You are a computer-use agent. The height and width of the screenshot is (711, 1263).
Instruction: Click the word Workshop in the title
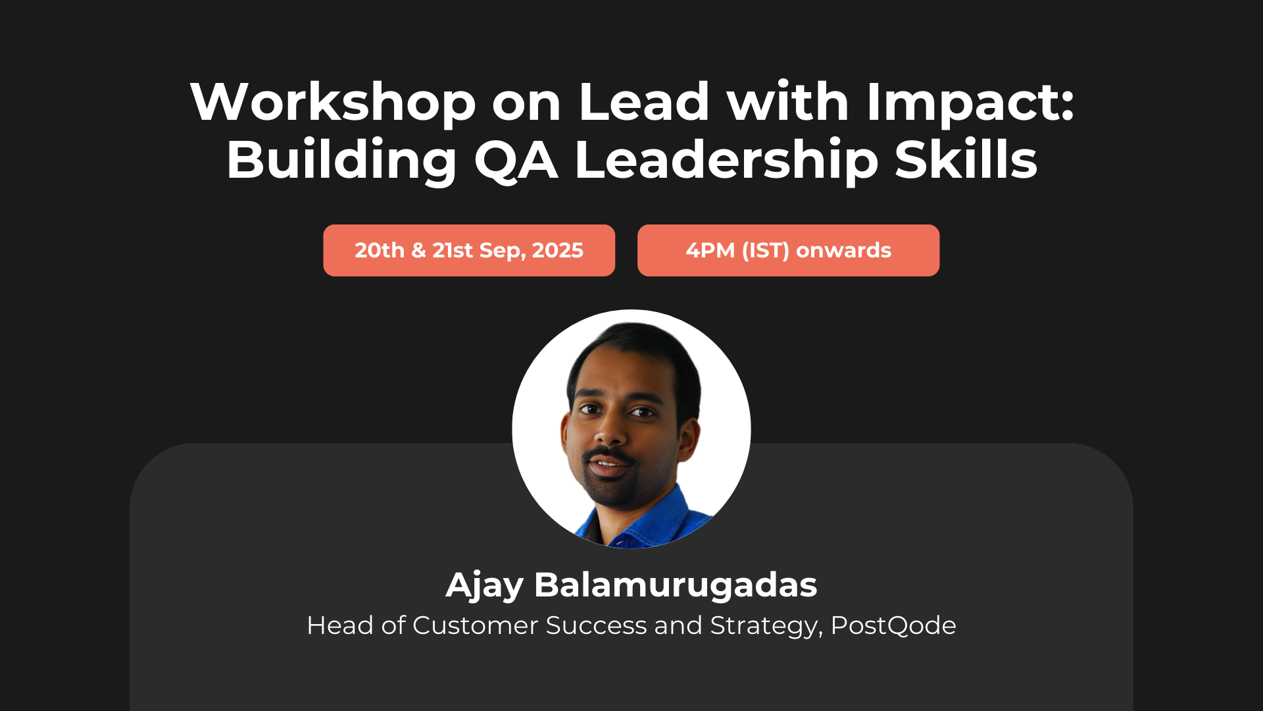click(x=333, y=102)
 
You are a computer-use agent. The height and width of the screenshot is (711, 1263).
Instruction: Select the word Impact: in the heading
click(x=970, y=102)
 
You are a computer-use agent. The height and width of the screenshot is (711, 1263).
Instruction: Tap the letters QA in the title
click(x=516, y=160)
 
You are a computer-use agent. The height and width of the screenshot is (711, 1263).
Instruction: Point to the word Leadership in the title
click(x=726, y=160)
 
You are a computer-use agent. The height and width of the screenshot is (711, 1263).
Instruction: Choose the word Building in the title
click(x=341, y=160)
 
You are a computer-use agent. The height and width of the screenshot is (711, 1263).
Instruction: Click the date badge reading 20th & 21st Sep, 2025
click(x=469, y=250)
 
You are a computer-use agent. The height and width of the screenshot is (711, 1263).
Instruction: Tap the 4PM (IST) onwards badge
click(x=788, y=250)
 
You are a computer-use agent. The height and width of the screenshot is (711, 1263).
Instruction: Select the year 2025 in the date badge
click(x=557, y=250)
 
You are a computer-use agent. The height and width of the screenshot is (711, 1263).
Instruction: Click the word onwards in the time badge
click(x=843, y=250)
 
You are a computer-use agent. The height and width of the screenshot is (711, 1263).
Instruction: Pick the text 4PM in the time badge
click(x=710, y=250)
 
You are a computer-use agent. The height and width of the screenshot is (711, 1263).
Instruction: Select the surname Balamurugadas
click(x=676, y=584)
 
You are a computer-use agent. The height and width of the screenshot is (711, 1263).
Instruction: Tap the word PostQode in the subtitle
click(x=893, y=625)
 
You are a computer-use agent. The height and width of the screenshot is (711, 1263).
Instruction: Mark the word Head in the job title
click(x=339, y=625)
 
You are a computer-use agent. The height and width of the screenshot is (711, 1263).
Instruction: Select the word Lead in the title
click(x=644, y=102)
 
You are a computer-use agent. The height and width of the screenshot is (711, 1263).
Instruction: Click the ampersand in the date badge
click(x=418, y=250)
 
